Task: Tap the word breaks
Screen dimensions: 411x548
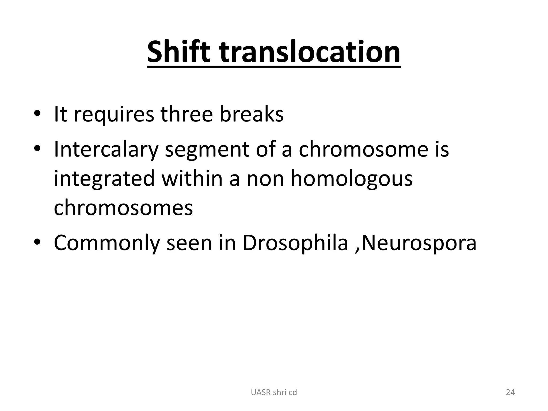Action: coord(251,114)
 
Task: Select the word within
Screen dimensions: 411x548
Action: coord(192,178)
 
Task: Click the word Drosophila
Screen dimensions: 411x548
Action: coord(295,243)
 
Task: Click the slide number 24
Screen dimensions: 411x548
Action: coord(510,392)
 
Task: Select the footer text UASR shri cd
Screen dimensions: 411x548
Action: coord(274,392)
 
